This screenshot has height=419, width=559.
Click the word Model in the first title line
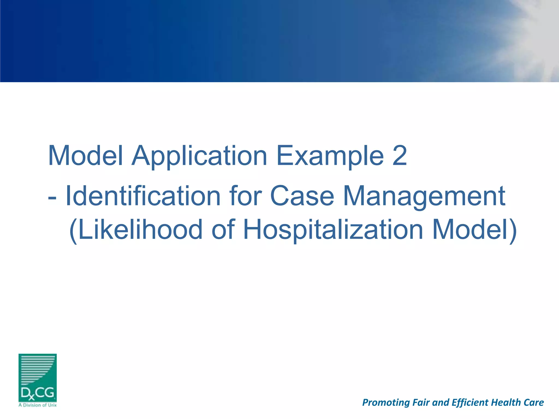pos(85,155)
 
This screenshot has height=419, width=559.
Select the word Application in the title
pos(199,156)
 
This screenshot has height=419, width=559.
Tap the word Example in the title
pos(330,156)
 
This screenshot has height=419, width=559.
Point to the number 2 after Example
pos(400,155)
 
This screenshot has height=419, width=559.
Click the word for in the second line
pos(245,196)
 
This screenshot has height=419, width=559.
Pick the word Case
pos(302,196)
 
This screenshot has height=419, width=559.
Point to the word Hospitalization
pos(333,230)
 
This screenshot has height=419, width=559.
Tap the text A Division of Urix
pos(37,405)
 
